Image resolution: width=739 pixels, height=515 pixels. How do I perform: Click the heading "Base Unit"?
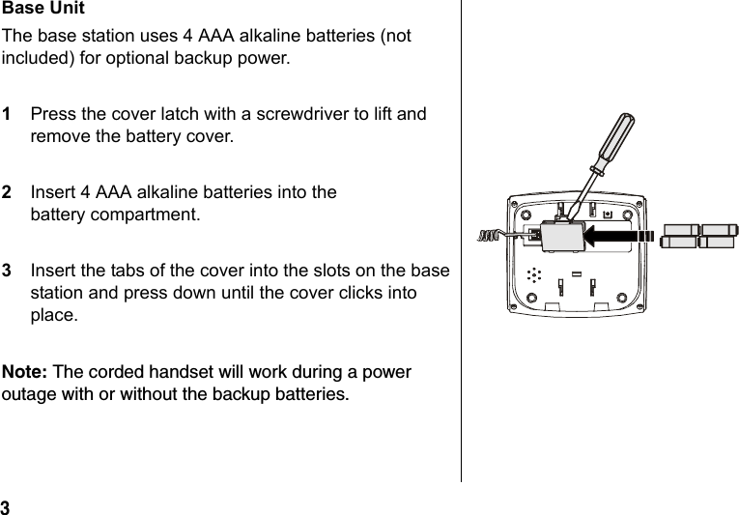43,9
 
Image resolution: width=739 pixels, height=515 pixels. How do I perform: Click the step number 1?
8,115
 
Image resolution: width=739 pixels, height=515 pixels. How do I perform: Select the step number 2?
8,193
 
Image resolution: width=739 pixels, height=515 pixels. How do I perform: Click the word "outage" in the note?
29,395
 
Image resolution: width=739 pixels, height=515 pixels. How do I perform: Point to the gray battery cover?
560,235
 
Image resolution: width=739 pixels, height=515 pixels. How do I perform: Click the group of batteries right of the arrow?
698,236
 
